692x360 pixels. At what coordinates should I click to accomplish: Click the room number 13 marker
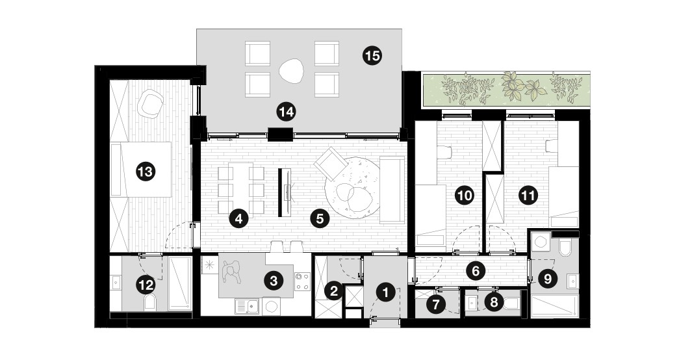[x=146, y=171]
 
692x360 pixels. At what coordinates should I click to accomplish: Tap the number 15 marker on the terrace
[x=372, y=56]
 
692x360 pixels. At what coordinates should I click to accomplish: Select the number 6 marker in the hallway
[x=476, y=270]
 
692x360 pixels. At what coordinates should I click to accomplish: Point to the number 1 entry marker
[x=386, y=292]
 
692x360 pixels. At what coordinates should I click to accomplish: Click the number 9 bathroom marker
[x=548, y=278]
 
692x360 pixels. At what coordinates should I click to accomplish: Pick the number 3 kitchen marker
[x=273, y=280]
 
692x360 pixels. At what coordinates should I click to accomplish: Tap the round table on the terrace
[x=292, y=70]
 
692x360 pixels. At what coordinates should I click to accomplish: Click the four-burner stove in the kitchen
[x=302, y=281]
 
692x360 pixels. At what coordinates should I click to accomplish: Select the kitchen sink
[x=247, y=306]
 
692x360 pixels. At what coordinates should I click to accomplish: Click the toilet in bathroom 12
[x=150, y=303]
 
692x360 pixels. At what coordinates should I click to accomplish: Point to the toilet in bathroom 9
[x=565, y=248]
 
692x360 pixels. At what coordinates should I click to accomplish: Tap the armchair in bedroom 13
[x=151, y=104]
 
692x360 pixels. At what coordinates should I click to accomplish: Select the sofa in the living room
[x=392, y=189]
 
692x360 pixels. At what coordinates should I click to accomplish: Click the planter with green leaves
[x=506, y=90]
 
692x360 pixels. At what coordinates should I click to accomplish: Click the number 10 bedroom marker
[x=465, y=194]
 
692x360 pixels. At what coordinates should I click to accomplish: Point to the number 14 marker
[x=286, y=112]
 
